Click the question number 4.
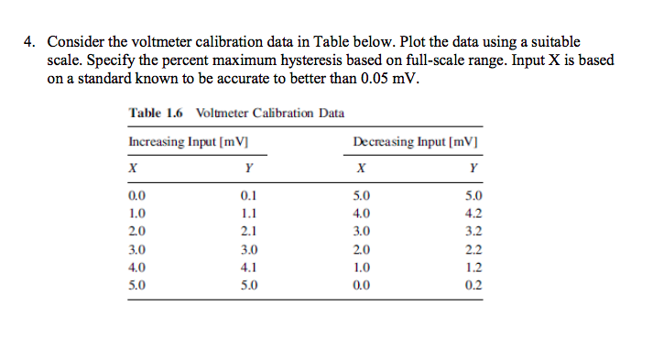click(31, 42)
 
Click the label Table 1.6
click(157, 113)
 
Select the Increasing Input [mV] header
click(190, 142)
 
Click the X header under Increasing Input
click(134, 169)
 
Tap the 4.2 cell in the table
click(472, 213)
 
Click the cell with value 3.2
click(472, 231)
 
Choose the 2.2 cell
click(472, 248)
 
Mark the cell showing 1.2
click(472, 267)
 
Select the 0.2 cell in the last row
click(472, 284)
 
